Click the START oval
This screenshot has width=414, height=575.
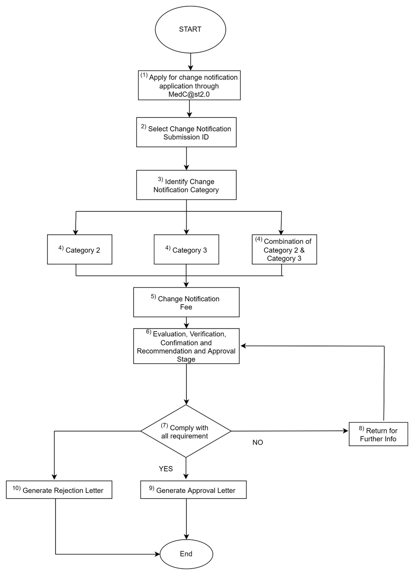point(190,29)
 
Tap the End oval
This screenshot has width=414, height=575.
point(186,554)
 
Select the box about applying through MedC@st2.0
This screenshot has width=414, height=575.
point(189,85)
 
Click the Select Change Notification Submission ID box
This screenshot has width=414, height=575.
point(186,132)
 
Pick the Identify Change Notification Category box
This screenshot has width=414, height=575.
point(186,185)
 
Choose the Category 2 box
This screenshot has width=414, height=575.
point(80,250)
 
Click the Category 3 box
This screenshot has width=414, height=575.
point(186,250)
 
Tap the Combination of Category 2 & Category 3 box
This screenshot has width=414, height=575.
point(285,250)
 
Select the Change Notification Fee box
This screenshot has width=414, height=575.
point(186,302)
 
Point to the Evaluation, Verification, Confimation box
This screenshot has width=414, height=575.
point(186,346)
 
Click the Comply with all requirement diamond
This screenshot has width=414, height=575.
point(186,431)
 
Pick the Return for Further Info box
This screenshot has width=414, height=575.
point(378,434)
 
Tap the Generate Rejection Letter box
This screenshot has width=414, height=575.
point(59,490)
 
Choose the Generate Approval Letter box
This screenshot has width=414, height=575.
point(193,490)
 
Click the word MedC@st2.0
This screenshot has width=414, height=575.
point(189,94)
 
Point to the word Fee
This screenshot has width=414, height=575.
point(186,307)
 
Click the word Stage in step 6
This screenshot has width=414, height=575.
point(186,359)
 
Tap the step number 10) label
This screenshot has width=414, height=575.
point(16,488)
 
